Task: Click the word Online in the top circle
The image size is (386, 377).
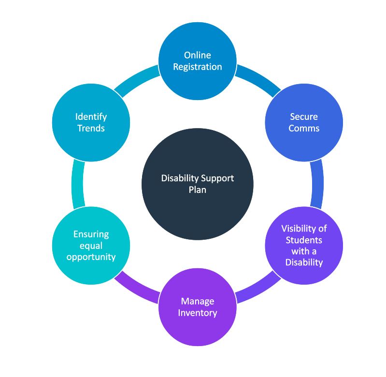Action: (198, 56)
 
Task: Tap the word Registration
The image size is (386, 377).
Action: (198, 67)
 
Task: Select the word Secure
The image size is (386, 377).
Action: (304, 116)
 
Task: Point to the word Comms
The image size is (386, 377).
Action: (304, 128)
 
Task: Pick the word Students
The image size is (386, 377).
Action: (304, 240)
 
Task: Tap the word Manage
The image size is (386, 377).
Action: (197, 301)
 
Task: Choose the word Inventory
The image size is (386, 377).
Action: (197, 313)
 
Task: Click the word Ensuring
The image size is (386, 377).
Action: (91, 234)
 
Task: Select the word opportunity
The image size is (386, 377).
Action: (91, 257)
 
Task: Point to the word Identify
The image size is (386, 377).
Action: (91, 116)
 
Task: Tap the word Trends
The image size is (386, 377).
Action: (91, 128)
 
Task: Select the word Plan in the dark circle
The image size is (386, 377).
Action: (197, 189)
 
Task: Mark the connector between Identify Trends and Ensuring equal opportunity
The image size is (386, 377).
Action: (77, 184)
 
